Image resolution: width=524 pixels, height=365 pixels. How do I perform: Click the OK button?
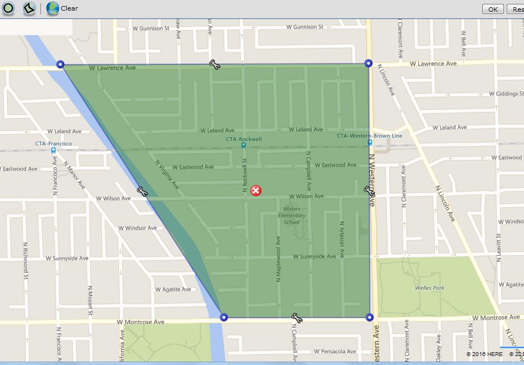tap(493, 9)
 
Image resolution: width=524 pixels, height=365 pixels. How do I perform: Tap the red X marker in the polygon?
tap(256, 191)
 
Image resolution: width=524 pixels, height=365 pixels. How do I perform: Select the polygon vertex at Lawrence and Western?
tap(368, 64)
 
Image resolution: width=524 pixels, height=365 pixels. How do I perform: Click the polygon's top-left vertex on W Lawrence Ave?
tap(61, 65)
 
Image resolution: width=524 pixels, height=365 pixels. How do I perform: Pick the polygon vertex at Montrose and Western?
tap(369, 317)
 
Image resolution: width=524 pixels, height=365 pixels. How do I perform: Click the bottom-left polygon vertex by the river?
tap(224, 317)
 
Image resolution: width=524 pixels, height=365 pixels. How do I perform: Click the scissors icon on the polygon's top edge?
tap(215, 65)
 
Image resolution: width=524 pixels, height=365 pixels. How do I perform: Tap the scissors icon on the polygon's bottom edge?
tap(296, 318)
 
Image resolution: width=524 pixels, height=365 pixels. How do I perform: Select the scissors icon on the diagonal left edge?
tap(142, 192)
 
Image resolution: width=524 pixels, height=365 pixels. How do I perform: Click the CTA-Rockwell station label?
tap(244, 139)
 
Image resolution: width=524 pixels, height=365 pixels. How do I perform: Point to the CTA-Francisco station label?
tap(53, 143)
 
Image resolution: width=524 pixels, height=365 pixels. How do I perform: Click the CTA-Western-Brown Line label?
tap(369, 135)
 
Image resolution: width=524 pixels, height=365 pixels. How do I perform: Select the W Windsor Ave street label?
tap(137, 228)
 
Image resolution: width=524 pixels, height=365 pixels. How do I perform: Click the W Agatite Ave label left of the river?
tap(172, 289)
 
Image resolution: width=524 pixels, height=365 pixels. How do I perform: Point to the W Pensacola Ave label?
tap(334, 352)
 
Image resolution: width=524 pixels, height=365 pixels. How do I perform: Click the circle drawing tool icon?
tap(8, 8)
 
